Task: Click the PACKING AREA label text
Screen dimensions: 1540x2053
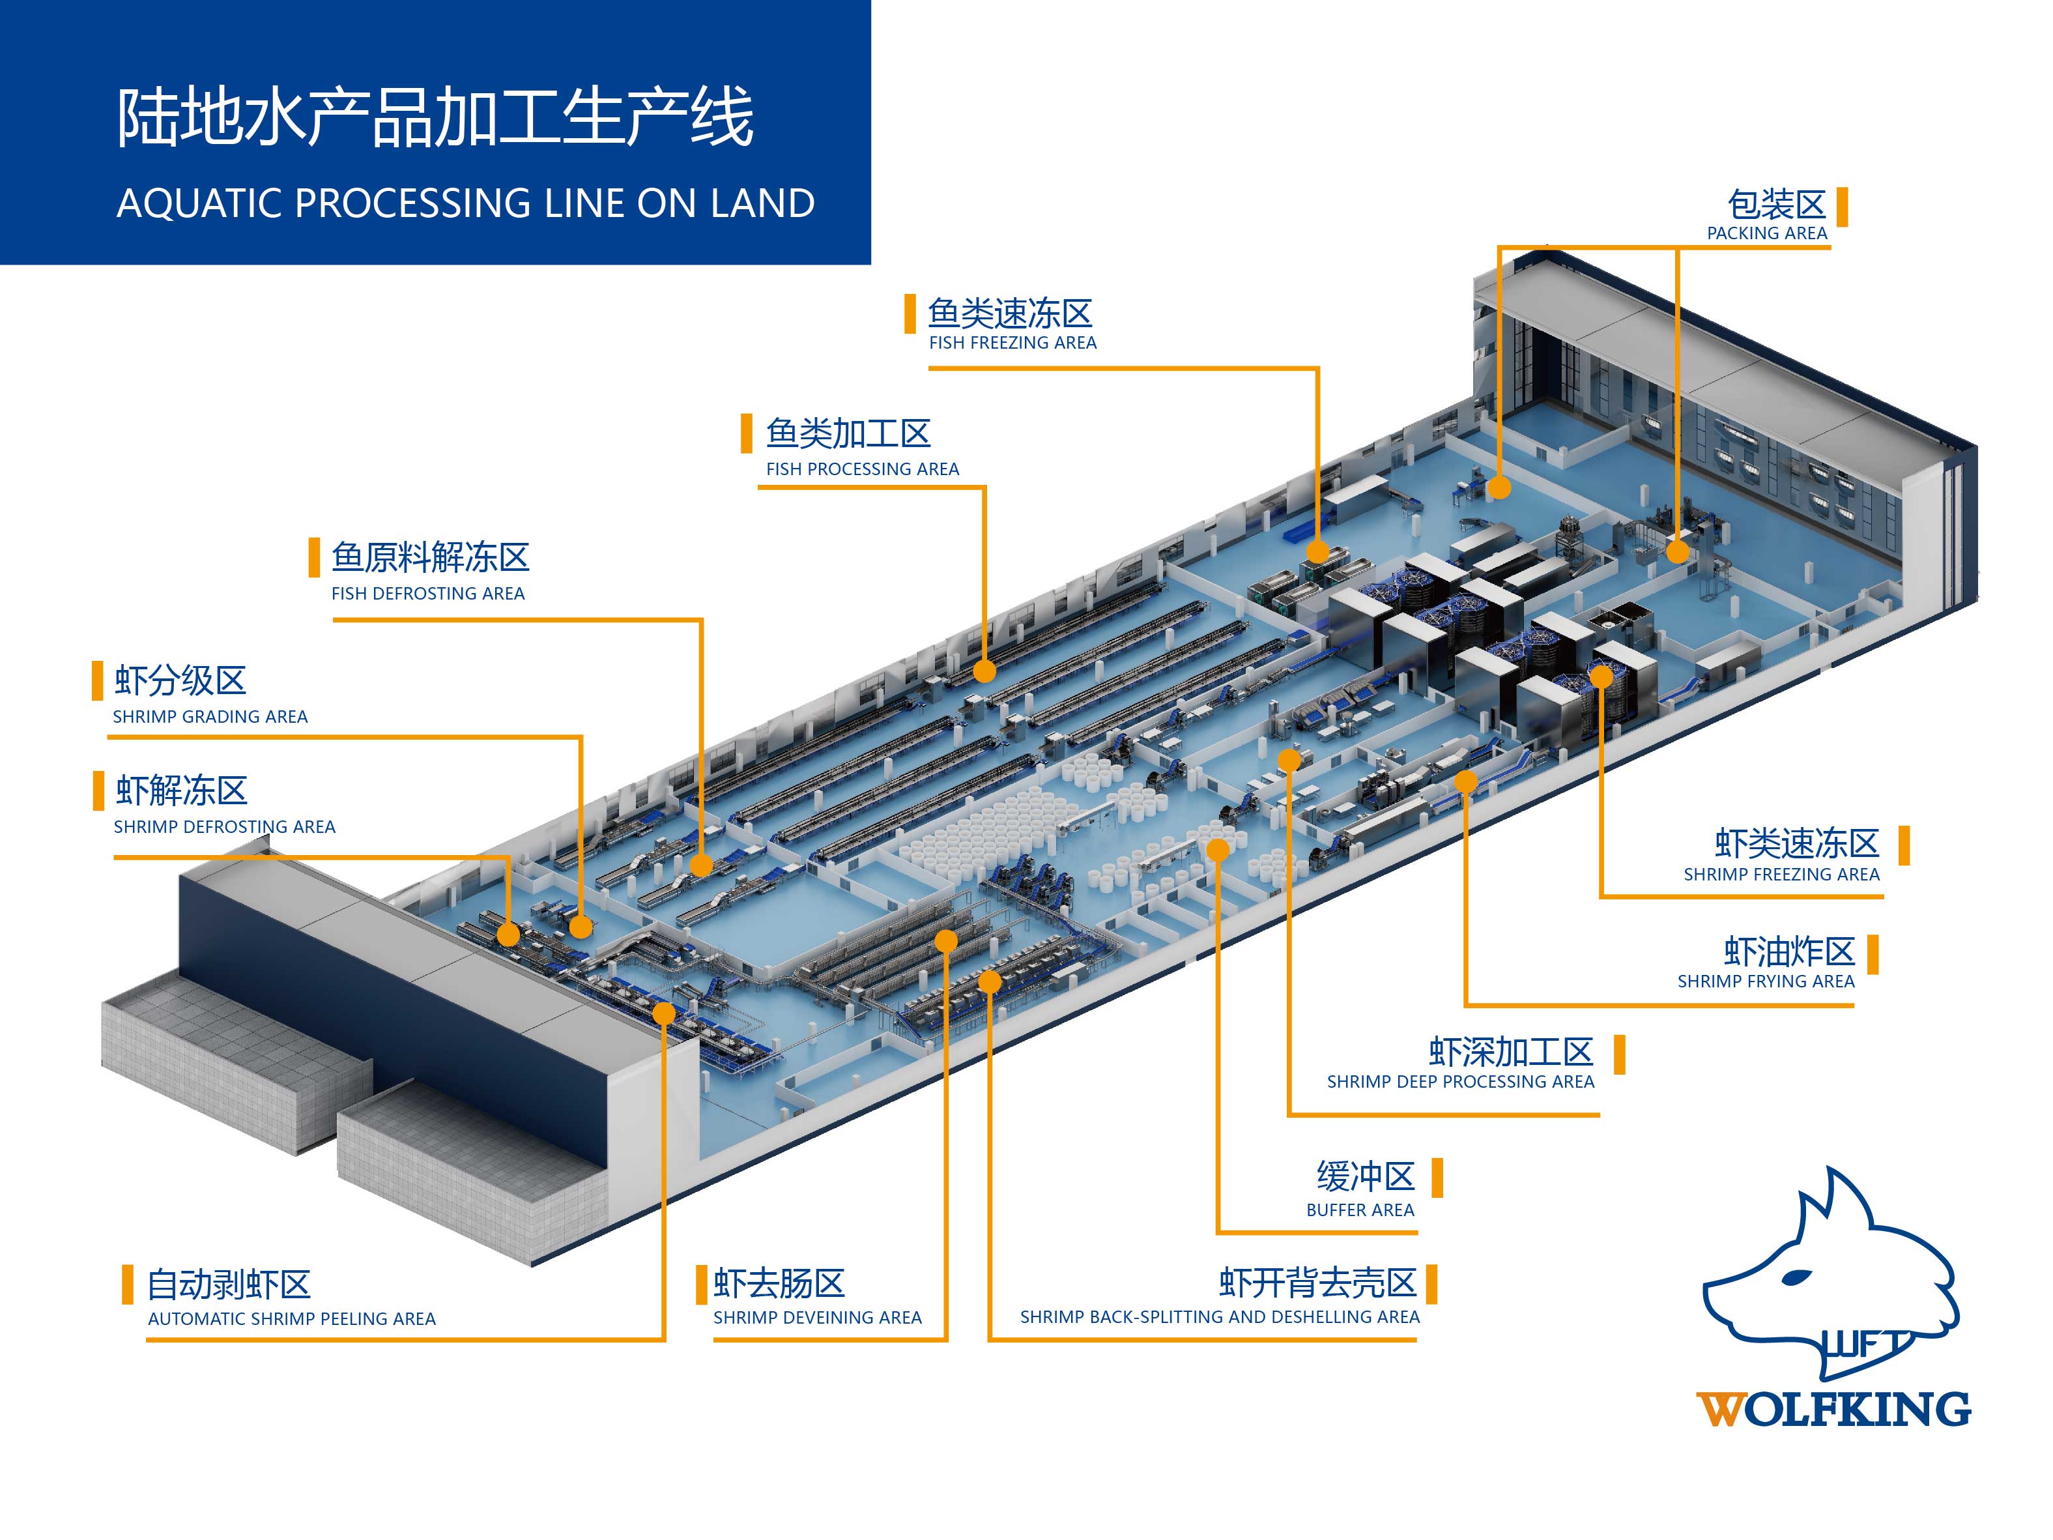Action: [x=1766, y=233]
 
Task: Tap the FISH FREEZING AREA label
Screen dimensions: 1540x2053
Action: [x=1012, y=343]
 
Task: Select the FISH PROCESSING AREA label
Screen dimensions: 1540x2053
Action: [x=862, y=469]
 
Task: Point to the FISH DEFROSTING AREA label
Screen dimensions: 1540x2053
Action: [x=428, y=593]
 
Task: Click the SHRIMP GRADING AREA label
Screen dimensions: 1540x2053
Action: [x=210, y=717]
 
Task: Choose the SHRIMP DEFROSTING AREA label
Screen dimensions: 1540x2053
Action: [x=223, y=826]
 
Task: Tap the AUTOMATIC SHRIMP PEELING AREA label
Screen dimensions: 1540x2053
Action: [x=291, y=1318]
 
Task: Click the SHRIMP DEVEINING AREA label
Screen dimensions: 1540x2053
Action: [x=817, y=1317]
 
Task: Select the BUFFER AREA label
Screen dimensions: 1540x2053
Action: [x=1360, y=1210]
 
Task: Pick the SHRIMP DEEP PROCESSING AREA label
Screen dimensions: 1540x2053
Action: [x=1460, y=1081]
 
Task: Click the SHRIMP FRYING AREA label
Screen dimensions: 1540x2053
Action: [x=1765, y=981]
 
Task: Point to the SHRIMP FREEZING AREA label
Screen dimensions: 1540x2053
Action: [x=1781, y=875]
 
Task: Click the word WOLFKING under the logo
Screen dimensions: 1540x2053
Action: [x=1833, y=1409]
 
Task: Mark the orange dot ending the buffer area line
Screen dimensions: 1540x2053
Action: [x=1218, y=849]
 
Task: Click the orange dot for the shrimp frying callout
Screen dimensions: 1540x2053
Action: [x=1465, y=781]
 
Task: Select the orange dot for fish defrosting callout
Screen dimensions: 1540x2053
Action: [x=702, y=865]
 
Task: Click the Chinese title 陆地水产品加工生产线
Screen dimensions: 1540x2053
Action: [x=435, y=118]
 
